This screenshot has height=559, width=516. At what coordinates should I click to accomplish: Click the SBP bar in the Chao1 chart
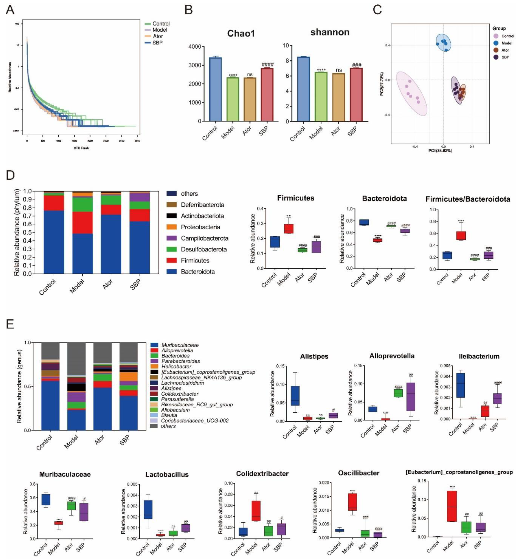[267, 94]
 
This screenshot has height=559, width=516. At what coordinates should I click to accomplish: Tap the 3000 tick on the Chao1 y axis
[195, 65]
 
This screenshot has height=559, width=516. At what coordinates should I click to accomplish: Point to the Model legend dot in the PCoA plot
[496, 43]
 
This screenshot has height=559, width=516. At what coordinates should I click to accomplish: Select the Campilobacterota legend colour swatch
[171, 238]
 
